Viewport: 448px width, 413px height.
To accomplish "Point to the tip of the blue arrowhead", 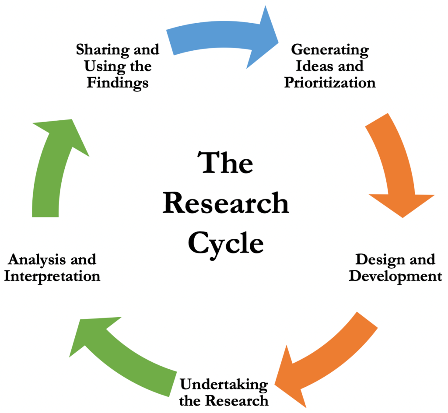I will (278, 41).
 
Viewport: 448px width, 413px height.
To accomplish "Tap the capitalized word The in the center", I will (227, 163).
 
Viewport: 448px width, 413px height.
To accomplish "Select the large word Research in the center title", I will (226, 203).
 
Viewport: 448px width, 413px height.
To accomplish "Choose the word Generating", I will (330, 49).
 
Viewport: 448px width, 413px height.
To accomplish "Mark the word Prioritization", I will (330, 83).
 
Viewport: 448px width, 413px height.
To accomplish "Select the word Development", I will (395, 276).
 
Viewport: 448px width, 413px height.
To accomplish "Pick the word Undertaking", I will (224, 385).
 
